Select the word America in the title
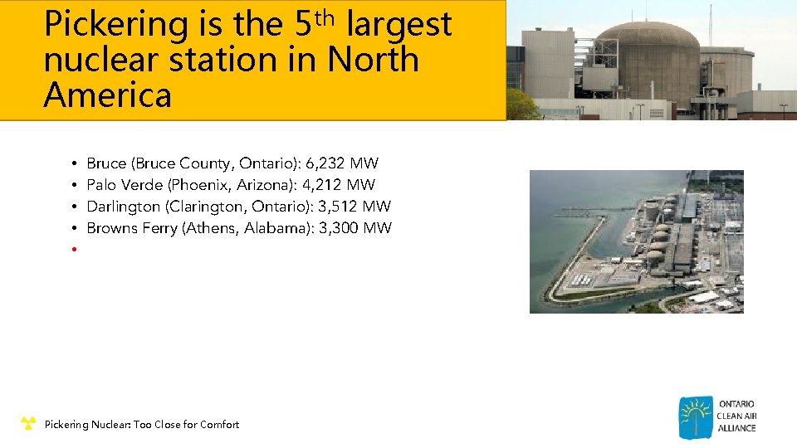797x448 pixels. point(107,95)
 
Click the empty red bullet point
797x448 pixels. point(74,250)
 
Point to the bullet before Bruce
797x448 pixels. point(74,163)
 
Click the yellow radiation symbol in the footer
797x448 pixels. point(28,424)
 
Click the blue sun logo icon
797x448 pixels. point(695,416)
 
